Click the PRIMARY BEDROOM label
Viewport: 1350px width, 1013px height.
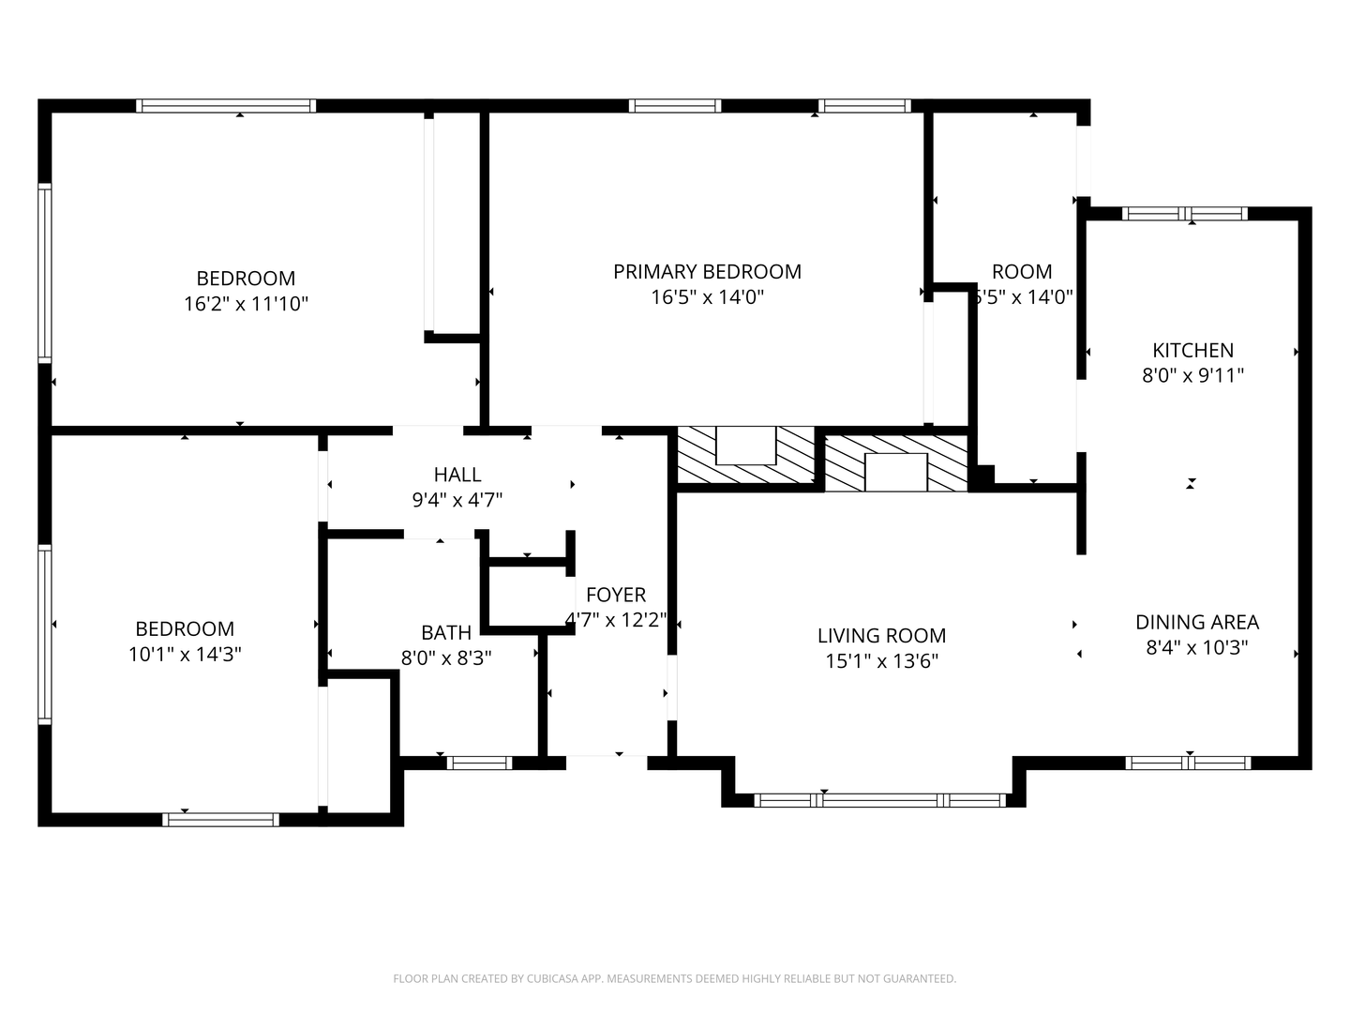(x=707, y=272)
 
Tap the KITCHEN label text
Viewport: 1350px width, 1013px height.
(x=1192, y=351)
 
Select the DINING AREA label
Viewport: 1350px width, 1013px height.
(x=1196, y=622)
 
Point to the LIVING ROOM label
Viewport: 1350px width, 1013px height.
(x=881, y=636)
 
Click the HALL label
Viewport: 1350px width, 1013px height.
(x=457, y=475)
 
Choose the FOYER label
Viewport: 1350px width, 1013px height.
(x=616, y=595)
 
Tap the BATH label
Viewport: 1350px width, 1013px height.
(x=446, y=633)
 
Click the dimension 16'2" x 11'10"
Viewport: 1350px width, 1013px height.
(x=246, y=304)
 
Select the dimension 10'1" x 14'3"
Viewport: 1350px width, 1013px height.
(x=185, y=655)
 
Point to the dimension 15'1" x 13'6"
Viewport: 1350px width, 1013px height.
(x=881, y=661)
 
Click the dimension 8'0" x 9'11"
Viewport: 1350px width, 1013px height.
(x=1192, y=376)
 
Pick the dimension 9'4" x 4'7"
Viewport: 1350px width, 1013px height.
(x=457, y=500)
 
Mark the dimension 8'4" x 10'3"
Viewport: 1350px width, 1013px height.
(x=1196, y=647)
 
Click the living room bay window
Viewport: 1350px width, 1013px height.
(x=879, y=800)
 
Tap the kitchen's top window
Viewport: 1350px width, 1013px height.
(x=1185, y=214)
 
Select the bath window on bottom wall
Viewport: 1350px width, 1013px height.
(x=479, y=763)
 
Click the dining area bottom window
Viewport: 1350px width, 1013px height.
(x=1188, y=763)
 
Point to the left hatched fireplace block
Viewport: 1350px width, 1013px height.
(x=745, y=458)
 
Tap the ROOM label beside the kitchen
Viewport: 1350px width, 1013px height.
(x=1022, y=272)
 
